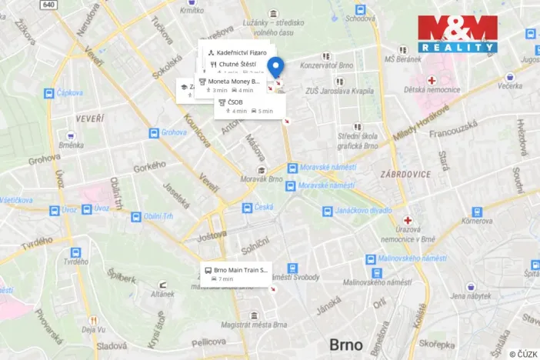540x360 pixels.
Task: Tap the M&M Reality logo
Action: tap(457, 34)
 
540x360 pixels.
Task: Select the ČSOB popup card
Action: tap(248, 105)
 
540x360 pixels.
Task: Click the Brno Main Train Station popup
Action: tap(237, 274)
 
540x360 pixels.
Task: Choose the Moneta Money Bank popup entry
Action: tap(231, 85)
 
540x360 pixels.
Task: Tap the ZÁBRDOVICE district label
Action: tap(405, 174)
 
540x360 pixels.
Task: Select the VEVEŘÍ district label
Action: tap(89, 118)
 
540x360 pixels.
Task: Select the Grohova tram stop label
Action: tap(174, 132)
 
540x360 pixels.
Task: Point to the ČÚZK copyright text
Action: tap(523, 354)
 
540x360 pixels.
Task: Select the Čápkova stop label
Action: tap(69, 93)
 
